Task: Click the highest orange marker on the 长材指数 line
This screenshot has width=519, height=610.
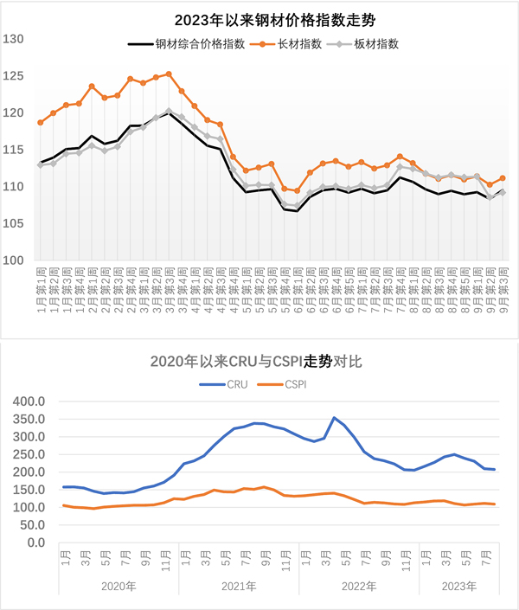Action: tap(169, 74)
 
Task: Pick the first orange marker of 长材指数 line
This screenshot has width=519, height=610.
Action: tap(40, 122)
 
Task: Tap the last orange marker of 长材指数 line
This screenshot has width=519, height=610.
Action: tap(503, 178)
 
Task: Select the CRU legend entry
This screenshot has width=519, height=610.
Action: tap(234, 383)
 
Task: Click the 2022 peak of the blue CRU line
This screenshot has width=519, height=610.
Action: tap(334, 418)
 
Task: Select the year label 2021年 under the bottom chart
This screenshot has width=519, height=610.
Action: tap(239, 586)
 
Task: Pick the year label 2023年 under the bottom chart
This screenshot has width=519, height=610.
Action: tap(458, 586)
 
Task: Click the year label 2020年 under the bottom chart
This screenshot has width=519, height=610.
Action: tap(119, 586)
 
